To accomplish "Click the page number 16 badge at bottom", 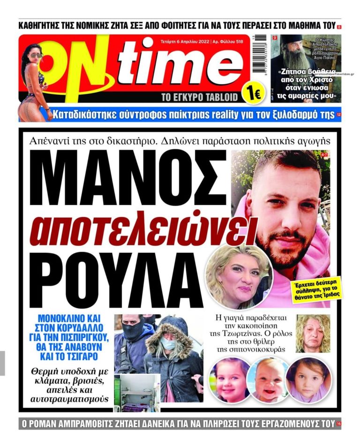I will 338,424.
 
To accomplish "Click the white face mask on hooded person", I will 168,345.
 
